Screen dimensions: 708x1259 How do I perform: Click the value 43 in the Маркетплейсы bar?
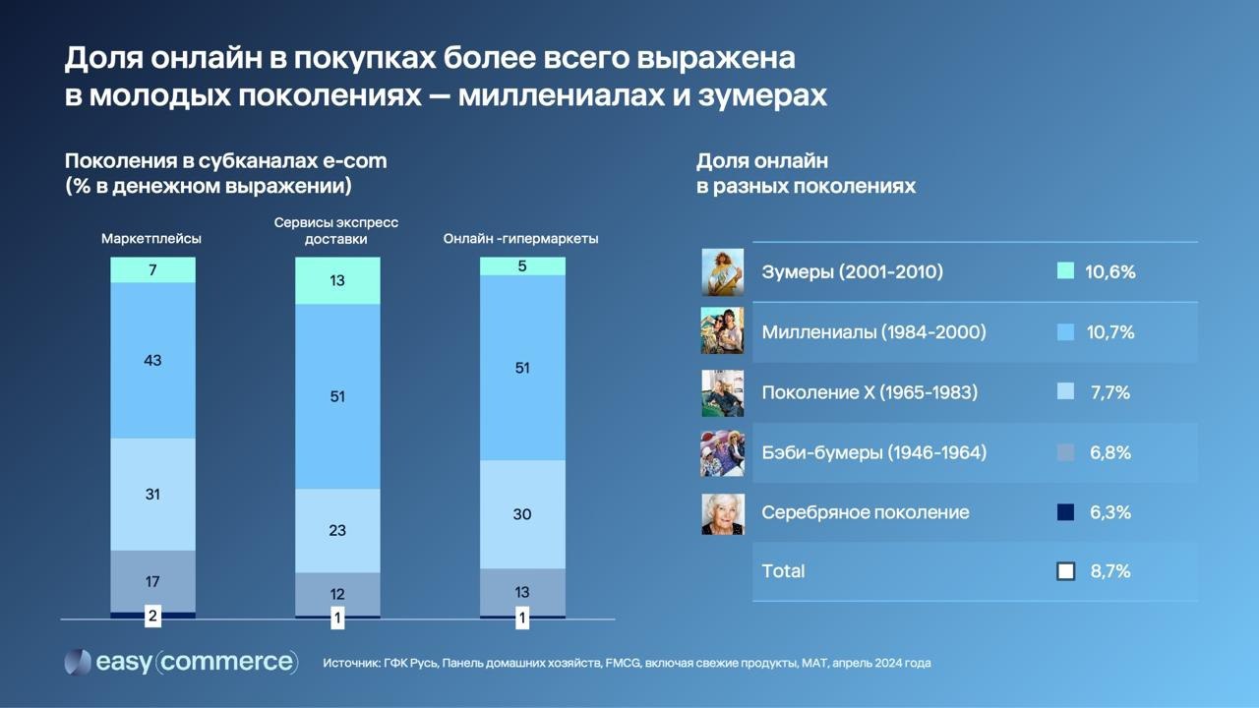coord(152,361)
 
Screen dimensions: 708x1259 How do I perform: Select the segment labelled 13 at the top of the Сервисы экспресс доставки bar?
coord(337,280)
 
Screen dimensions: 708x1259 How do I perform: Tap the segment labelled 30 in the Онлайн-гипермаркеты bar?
coord(522,514)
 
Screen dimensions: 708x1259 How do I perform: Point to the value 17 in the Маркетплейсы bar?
coord(152,581)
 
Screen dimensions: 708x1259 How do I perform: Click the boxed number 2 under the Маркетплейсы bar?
coord(152,618)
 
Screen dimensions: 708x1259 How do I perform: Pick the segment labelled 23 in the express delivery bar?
coord(337,530)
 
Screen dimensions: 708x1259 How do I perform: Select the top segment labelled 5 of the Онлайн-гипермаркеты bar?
coord(522,265)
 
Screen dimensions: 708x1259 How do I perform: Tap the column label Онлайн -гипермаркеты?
coord(521,239)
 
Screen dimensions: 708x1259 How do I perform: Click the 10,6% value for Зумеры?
coord(1109,272)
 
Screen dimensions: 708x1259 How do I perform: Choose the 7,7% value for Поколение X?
coord(1109,392)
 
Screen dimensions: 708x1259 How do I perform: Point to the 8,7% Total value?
coord(1109,571)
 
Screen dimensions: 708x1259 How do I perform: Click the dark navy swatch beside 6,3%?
coord(1065,512)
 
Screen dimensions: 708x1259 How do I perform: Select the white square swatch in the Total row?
coord(1065,571)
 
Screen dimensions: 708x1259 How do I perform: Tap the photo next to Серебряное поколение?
coord(722,513)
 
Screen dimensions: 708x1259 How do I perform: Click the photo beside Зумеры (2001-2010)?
coord(722,272)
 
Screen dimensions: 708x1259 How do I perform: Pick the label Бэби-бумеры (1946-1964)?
coord(873,452)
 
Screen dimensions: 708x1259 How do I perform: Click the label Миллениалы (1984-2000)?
coord(873,332)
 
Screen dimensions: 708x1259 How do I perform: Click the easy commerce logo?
coord(181,662)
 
